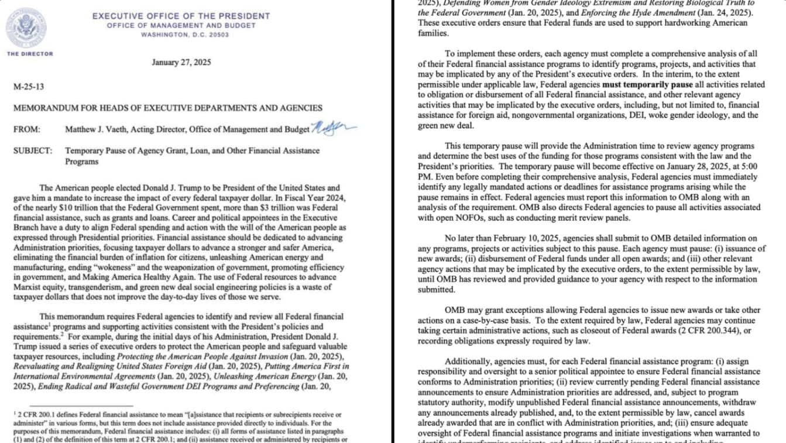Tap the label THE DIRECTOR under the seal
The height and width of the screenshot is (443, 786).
coord(30,54)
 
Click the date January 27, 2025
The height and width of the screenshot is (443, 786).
coord(181,63)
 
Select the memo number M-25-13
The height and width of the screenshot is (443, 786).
coord(28,87)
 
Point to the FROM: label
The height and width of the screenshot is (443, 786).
coord(27,129)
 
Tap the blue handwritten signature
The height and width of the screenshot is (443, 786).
coord(333,126)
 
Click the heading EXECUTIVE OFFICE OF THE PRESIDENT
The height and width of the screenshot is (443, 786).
coord(181,16)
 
